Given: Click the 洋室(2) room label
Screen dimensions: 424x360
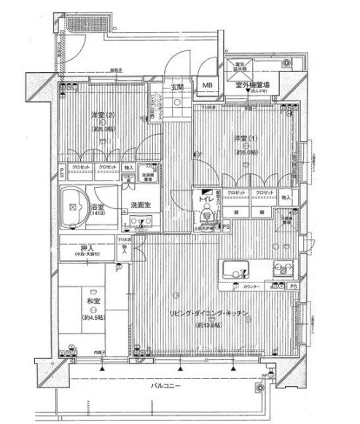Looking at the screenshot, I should click(x=102, y=114).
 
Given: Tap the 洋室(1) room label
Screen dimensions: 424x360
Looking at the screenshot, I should click(x=244, y=139).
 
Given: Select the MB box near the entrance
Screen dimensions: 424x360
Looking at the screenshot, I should click(x=208, y=85).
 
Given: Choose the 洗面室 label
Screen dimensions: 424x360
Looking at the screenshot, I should click(x=141, y=205).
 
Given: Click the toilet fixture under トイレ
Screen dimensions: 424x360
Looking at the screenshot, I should click(x=207, y=214).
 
